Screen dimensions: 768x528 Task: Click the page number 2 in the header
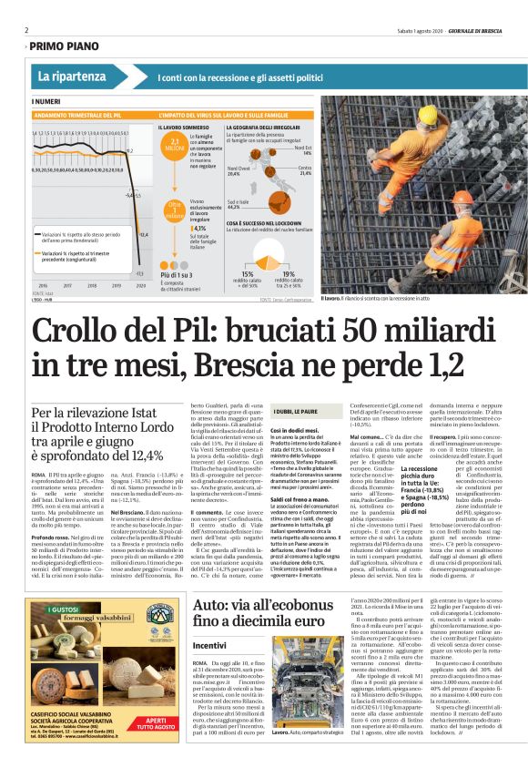pyautogui.click(x=26, y=30)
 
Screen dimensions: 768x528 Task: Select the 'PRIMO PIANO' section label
pyautogui.click(x=66, y=45)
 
